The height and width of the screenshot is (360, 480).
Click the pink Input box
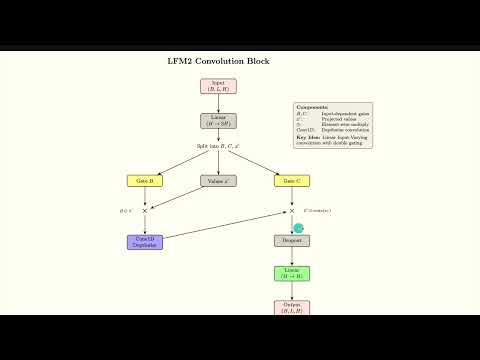coord(218,87)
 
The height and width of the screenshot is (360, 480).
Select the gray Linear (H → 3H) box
coord(218,121)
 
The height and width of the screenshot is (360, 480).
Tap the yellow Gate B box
coord(145,181)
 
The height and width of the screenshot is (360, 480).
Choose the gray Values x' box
coord(218,181)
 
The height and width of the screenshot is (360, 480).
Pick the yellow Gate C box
coord(291,181)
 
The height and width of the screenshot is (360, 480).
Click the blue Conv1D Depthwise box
coord(145,241)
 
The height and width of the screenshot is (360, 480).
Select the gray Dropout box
coord(291,241)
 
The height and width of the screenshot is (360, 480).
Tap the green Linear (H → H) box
coord(291,273)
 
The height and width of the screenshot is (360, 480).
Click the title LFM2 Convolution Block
coord(218,61)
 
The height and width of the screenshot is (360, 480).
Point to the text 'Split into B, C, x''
coord(218,146)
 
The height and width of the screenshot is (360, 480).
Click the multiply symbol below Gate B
coord(145,211)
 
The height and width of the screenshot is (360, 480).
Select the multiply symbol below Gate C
coord(291,211)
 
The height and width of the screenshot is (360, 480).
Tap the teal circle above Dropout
coord(298,228)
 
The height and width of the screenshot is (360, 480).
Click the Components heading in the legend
coord(312,106)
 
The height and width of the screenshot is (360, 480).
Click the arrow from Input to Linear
coord(218,104)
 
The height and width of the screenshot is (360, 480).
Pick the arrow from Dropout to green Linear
coord(291,257)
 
